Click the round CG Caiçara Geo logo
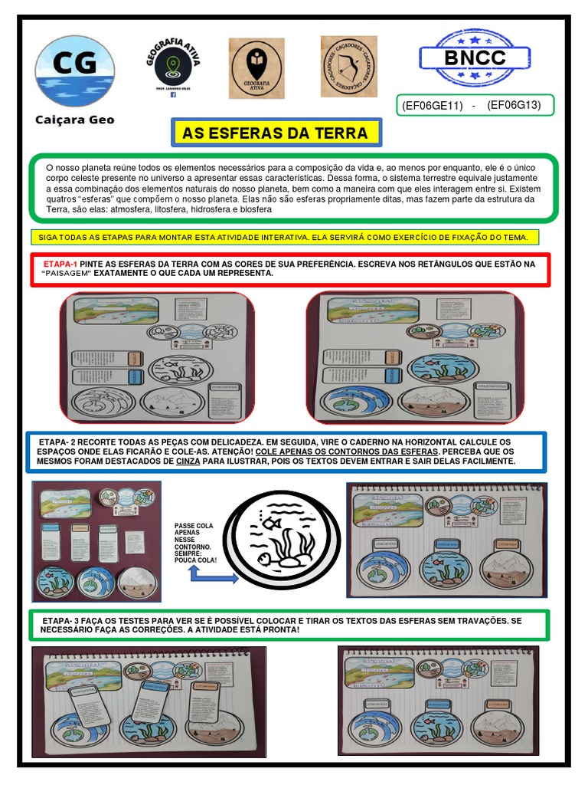point(75,71)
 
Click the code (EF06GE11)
point(433,106)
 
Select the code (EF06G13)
point(514,105)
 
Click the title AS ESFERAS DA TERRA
point(275,133)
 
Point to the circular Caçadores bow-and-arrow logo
point(348,67)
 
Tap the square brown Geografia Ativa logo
point(256,68)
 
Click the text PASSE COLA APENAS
point(194,530)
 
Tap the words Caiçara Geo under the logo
point(75,120)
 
